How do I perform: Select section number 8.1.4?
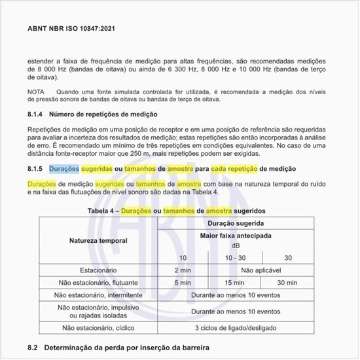[x=35, y=115]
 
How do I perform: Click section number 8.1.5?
[x=35, y=169]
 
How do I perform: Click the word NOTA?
[x=37, y=91]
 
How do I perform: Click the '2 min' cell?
[x=183, y=270]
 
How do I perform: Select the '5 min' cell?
[x=183, y=283]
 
